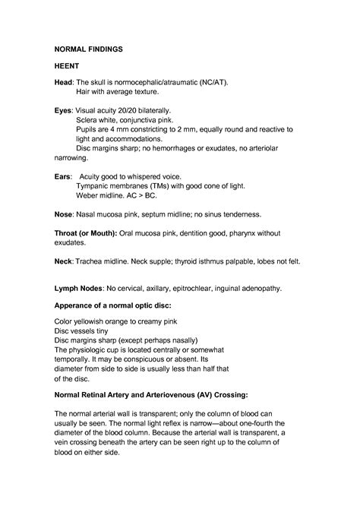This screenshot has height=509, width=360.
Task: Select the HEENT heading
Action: [x=68, y=66]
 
